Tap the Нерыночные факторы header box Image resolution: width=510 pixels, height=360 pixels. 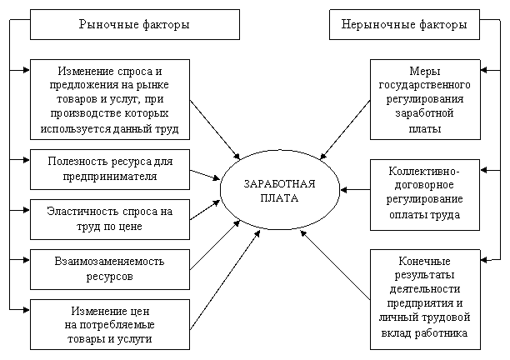[x=404, y=25]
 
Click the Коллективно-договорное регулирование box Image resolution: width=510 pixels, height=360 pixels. [x=425, y=193]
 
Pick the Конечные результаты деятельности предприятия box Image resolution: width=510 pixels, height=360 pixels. [x=425, y=297]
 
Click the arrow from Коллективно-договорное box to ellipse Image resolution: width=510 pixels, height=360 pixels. [x=357, y=191]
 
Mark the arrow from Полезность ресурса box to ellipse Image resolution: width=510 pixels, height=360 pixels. [x=205, y=174]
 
